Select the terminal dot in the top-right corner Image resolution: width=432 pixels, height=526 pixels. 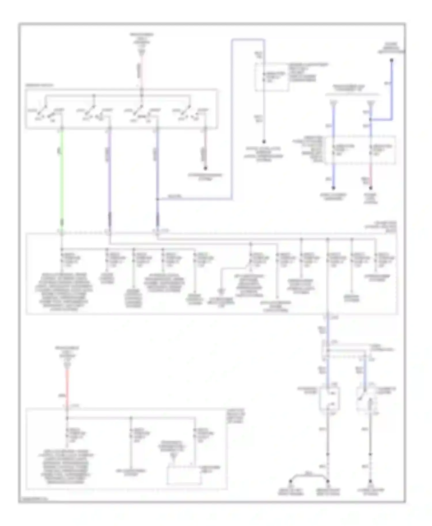click(392, 60)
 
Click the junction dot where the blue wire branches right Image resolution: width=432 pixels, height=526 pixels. click(157, 199)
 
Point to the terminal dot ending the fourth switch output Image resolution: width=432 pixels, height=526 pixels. click(205, 168)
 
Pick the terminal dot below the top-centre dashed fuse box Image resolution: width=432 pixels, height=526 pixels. click(264, 142)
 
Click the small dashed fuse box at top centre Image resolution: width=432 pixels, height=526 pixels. click(272, 77)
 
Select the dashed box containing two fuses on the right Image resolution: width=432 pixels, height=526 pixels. click(360, 150)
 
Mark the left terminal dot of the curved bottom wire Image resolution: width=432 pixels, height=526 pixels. click(291, 481)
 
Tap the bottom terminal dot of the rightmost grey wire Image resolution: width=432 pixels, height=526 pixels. click(371, 481)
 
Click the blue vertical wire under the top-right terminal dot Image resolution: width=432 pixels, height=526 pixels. click(392, 89)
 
